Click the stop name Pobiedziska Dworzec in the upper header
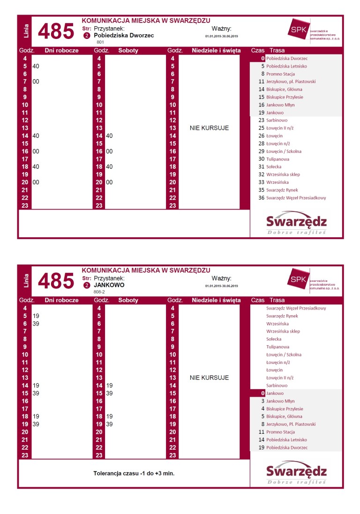[124, 35]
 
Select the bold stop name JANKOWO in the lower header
[109, 285]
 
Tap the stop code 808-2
[99, 292]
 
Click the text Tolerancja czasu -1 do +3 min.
[134, 474]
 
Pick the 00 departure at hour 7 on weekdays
[36, 82]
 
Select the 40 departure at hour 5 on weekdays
[36, 66]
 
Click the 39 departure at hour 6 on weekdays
[36, 324]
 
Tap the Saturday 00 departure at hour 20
[109, 182]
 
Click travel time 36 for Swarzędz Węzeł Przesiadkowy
[262, 198]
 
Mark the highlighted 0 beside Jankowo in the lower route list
[263, 393]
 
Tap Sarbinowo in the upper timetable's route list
[277, 120]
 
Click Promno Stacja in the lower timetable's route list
[280, 432]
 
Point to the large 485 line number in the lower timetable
[56, 281]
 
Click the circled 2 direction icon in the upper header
[86, 36]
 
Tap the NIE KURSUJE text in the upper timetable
[209, 128]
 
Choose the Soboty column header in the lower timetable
[128, 300]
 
